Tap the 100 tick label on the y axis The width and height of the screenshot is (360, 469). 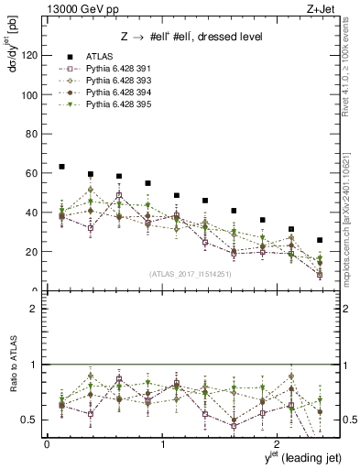coord(30,94)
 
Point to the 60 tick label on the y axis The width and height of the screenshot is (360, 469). coord(33,173)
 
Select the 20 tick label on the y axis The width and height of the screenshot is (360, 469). coord(33,252)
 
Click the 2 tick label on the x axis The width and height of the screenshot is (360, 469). coord(279,443)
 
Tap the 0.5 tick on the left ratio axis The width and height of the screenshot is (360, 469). coord(31,420)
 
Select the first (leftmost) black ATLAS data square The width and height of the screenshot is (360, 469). coord(61,167)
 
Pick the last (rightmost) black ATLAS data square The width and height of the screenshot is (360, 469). coord(319,240)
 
